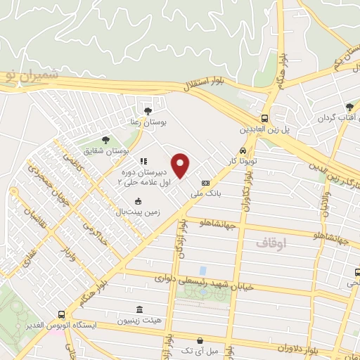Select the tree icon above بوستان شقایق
[105, 141]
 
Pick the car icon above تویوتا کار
[243, 150]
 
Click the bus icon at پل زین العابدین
[265, 118]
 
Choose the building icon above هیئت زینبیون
[139, 310]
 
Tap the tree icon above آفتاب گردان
[349, 107]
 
